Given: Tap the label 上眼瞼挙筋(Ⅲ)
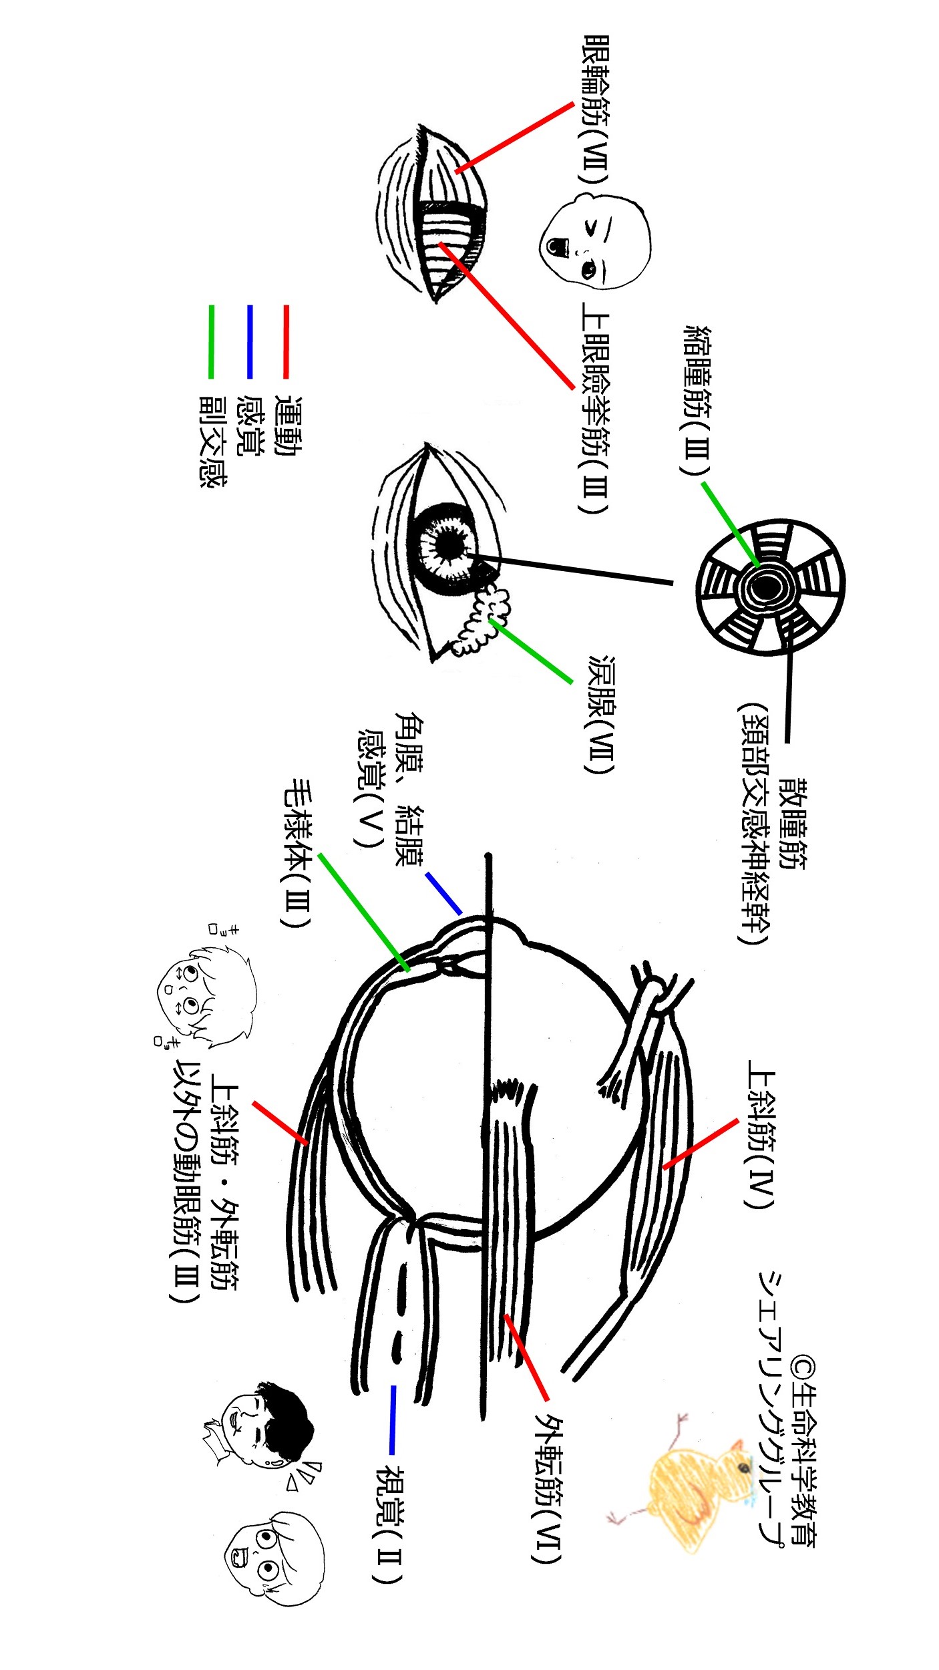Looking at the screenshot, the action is (x=594, y=408).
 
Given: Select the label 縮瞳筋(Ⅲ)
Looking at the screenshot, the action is (x=697, y=400).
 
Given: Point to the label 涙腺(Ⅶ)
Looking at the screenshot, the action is (x=601, y=714).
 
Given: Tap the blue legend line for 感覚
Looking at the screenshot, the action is (x=249, y=341).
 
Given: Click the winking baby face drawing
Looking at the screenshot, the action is (x=594, y=241).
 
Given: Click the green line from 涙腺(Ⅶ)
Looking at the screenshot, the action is (x=531, y=651).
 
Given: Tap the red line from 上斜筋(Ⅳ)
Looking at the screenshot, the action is (x=701, y=1143).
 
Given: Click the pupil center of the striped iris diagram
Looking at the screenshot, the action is (x=762, y=588).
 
